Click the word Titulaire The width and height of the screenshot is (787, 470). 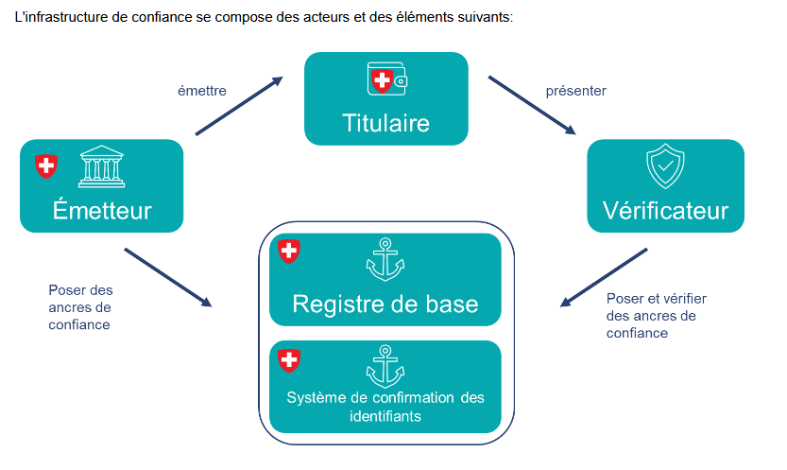(385, 123)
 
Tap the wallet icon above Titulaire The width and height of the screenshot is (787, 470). (385, 81)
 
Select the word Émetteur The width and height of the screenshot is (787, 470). (101, 209)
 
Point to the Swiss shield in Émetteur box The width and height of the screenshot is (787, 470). (45, 166)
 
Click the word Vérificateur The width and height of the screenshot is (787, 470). (665, 209)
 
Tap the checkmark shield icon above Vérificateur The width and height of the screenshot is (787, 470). (665, 167)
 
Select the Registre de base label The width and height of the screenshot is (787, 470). (385, 304)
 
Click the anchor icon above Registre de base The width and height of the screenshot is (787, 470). (385, 259)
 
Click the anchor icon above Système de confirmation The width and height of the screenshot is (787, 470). (385, 366)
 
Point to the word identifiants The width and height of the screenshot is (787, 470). (385, 415)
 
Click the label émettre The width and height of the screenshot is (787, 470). (200, 91)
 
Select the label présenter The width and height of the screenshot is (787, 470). (575, 91)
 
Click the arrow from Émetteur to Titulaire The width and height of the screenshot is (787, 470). (238, 106)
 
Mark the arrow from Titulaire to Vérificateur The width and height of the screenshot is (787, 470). (532, 106)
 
